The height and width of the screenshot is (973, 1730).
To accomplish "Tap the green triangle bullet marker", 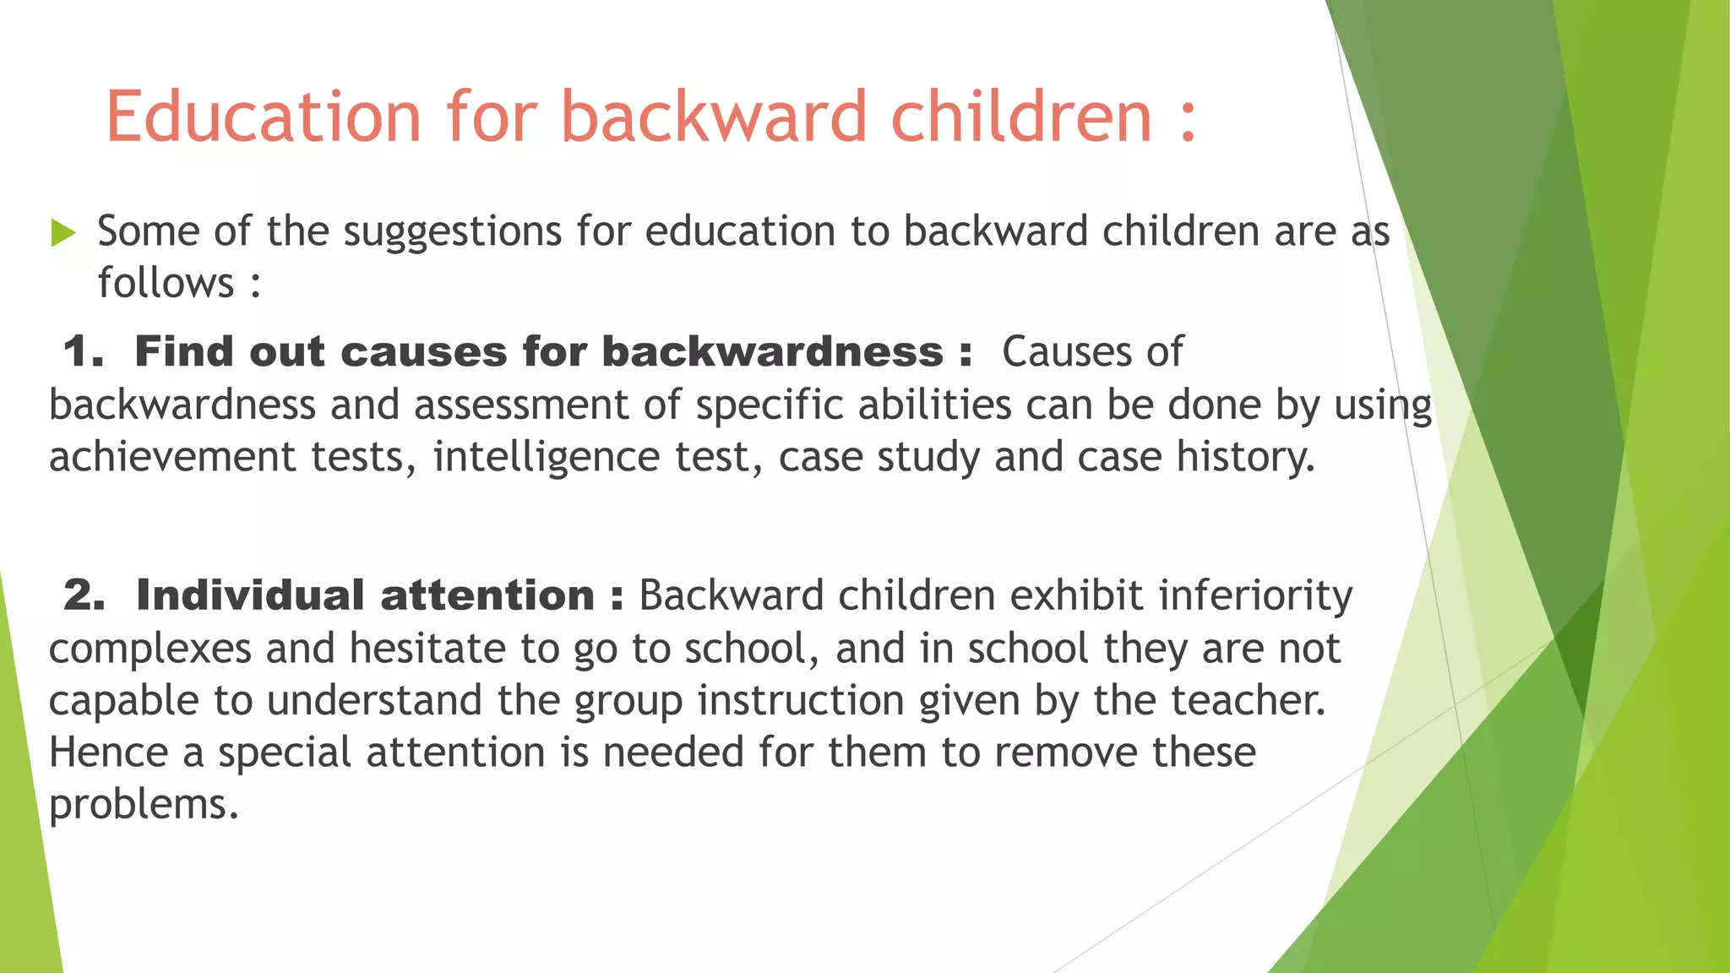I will (x=63, y=232).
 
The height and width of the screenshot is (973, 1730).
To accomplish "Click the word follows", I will (x=166, y=283).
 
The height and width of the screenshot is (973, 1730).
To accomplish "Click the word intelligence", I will (x=546, y=457).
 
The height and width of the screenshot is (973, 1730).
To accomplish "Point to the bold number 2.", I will (x=84, y=595).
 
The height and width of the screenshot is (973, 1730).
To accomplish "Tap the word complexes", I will (x=150, y=649).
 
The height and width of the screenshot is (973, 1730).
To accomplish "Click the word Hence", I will (x=108, y=752).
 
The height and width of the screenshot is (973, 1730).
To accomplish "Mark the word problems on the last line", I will (x=143, y=805).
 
